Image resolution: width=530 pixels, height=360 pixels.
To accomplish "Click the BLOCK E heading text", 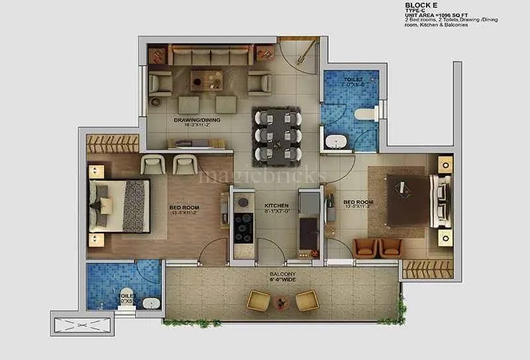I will [423, 5].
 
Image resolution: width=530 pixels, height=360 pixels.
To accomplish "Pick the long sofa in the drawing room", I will [210, 54].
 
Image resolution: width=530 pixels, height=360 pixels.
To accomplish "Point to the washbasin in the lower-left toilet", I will [152, 304].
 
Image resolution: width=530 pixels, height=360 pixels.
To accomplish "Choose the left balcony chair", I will [259, 300].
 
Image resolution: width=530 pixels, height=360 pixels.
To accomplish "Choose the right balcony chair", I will [306, 300].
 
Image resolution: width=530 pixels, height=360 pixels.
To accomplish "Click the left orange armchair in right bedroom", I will [366, 247].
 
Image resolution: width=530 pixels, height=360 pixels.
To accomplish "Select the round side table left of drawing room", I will [156, 102].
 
